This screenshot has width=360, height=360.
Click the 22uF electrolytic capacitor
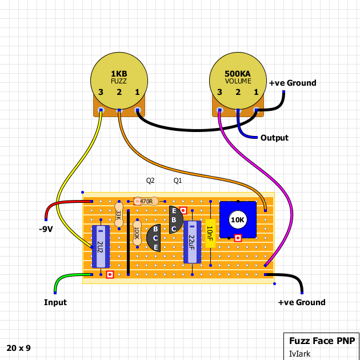(x=192, y=241)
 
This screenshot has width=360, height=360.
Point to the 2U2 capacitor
(x=101, y=246)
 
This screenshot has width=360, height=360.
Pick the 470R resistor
(x=146, y=201)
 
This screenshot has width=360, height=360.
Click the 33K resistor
(x=119, y=214)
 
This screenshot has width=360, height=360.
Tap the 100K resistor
(x=137, y=233)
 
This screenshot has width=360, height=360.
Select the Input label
(x=55, y=302)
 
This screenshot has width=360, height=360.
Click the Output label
(x=274, y=138)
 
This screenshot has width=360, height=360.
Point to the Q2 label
(x=150, y=181)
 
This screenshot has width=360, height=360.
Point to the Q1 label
(x=178, y=181)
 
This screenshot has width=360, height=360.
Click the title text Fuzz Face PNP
(x=321, y=341)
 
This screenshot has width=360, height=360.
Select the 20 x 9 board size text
(x=19, y=347)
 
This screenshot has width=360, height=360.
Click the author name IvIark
(x=299, y=354)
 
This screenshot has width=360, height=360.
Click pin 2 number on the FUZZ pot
(x=119, y=93)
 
